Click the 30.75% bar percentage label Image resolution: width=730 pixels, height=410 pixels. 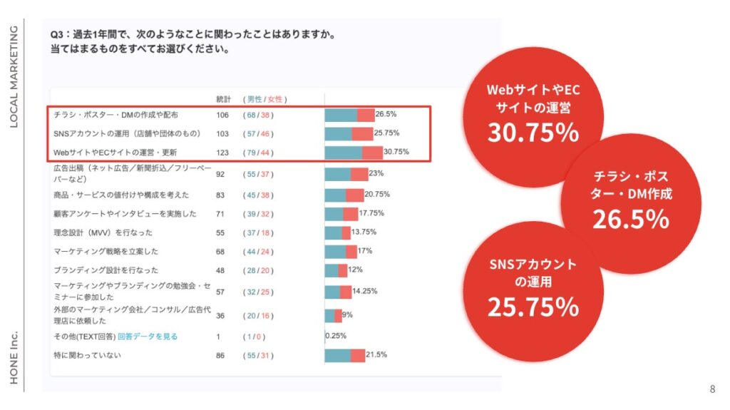(396, 152)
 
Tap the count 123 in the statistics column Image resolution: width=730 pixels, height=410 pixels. (223, 152)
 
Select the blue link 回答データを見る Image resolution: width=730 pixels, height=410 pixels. (148, 337)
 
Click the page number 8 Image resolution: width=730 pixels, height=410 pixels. (712, 389)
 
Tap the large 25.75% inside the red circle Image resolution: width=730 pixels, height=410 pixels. (533, 307)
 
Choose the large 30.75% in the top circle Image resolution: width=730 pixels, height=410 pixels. (533, 133)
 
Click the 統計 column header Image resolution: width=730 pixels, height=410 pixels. (223, 99)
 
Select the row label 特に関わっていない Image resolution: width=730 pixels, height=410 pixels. (88, 355)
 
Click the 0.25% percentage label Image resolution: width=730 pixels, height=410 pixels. (336, 337)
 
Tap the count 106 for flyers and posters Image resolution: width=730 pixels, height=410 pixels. (223, 114)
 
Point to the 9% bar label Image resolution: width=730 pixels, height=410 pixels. (347, 314)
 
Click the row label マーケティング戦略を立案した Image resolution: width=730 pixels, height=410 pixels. (106, 251)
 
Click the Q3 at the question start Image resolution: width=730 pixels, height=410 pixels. (56, 34)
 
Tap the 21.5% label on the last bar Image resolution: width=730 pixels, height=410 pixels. (376, 355)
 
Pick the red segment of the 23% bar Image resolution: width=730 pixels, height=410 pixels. (359, 174)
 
